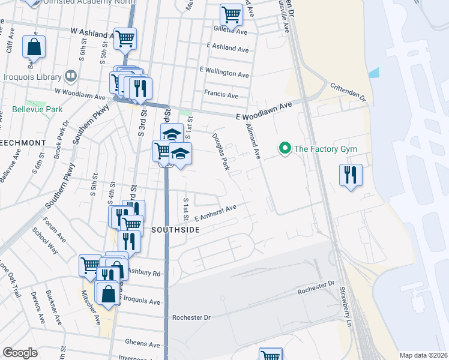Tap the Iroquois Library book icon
coord(71,77)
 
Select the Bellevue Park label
coord(37,110)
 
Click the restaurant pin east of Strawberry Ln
coord(351,175)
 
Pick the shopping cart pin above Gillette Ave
coord(231,14)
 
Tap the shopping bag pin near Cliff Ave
coord(34,47)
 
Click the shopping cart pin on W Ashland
coord(125,40)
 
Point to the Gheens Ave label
coord(143,344)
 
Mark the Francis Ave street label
coord(221,95)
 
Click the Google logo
coord(20,353)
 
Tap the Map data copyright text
coord(423,355)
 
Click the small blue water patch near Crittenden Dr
coord(374,74)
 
